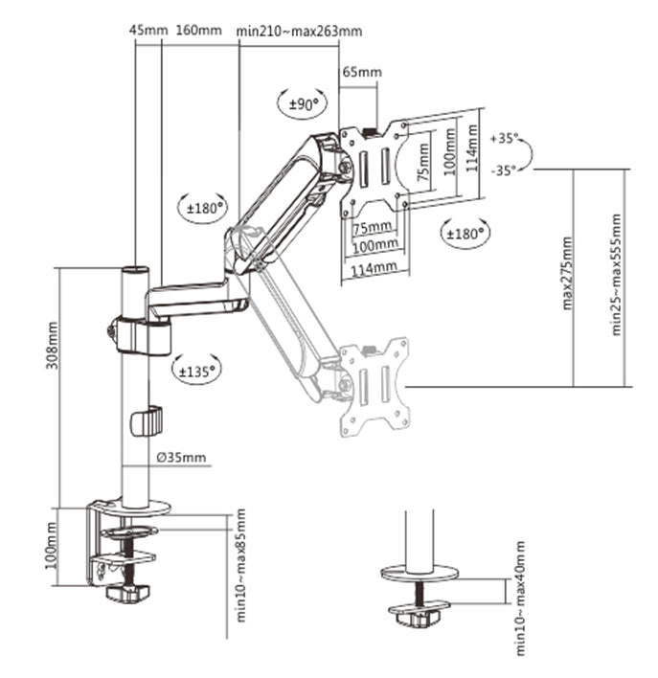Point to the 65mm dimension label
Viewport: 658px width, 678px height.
[361, 72]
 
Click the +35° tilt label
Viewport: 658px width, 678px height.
[504, 139]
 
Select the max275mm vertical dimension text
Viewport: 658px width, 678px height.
[567, 272]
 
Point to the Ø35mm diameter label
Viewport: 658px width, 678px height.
[181, 457]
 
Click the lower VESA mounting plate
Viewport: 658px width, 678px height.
[374, 384]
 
